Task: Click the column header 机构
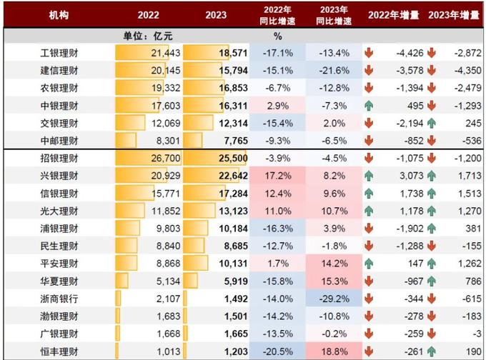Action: (x=59, y=15)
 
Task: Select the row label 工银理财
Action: (x=59, y=54)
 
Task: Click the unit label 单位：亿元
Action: (x=149, y=36)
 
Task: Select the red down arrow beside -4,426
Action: (x=369, y=54)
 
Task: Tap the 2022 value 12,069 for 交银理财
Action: (x=165, y=123)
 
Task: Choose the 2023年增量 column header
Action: (x=454, y=15)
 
